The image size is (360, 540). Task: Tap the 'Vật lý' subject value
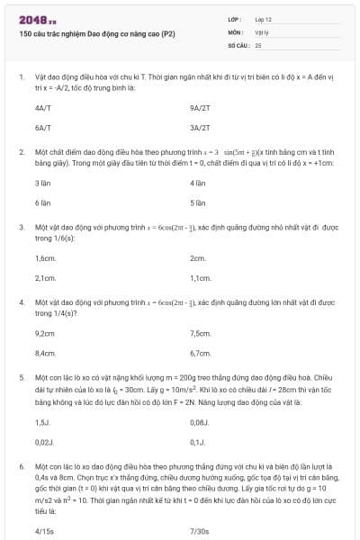click(262, 31)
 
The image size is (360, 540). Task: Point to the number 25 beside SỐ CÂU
click(258, 43)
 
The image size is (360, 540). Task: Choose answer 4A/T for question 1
click(42, 106)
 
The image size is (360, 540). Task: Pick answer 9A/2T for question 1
click(200, 106)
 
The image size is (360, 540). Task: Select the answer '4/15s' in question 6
click(44, 532)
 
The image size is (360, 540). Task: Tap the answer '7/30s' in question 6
click(200, 532)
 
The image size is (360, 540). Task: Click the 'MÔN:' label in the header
click(236, 31)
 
